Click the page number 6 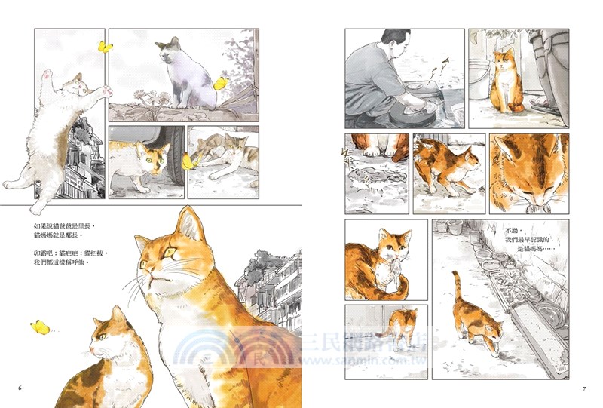click(x=20, y=388)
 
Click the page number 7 click(x=583, y=388)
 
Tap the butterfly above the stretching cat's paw click(x=104, y=48)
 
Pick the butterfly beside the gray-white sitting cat click(x=221, y=82)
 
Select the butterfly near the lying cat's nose click(x=188, y=161)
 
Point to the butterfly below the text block click(x=39, y=327)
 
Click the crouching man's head click(x=395, y=42)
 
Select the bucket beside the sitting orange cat click(x=480, y=75)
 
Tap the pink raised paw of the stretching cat click(x=47, y=75)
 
